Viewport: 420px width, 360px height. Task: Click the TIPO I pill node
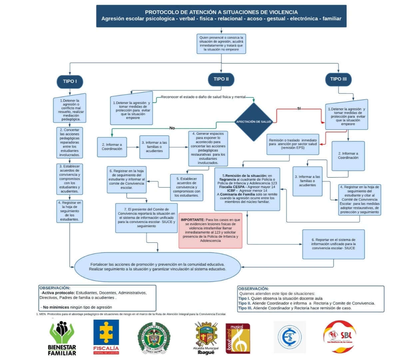[70, 81]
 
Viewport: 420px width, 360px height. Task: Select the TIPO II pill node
[221, 79]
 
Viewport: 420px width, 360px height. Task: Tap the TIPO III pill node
[338, 79]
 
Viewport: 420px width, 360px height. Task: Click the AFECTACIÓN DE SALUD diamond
[253, 122]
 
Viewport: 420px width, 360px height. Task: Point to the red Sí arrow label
[299, 108]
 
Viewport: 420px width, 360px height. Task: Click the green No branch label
[172, 128]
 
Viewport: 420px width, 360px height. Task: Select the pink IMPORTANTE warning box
[210, 230]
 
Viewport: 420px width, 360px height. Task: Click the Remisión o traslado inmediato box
[293, 144]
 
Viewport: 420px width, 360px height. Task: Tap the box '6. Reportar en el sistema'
[333, 244]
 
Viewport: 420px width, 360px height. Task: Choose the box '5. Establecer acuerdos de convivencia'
[187, 187]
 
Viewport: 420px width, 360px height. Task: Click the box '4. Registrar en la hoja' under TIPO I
[70, 211]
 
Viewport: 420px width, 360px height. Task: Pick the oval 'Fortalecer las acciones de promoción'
[158, 267]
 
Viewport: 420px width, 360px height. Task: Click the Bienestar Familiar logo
[62, 338]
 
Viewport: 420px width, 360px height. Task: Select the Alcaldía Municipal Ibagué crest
[206, 337]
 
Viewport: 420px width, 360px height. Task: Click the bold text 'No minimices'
[56, 307]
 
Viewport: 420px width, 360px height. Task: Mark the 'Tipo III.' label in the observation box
[245, 308]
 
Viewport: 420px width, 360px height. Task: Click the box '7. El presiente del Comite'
[146, 218]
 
